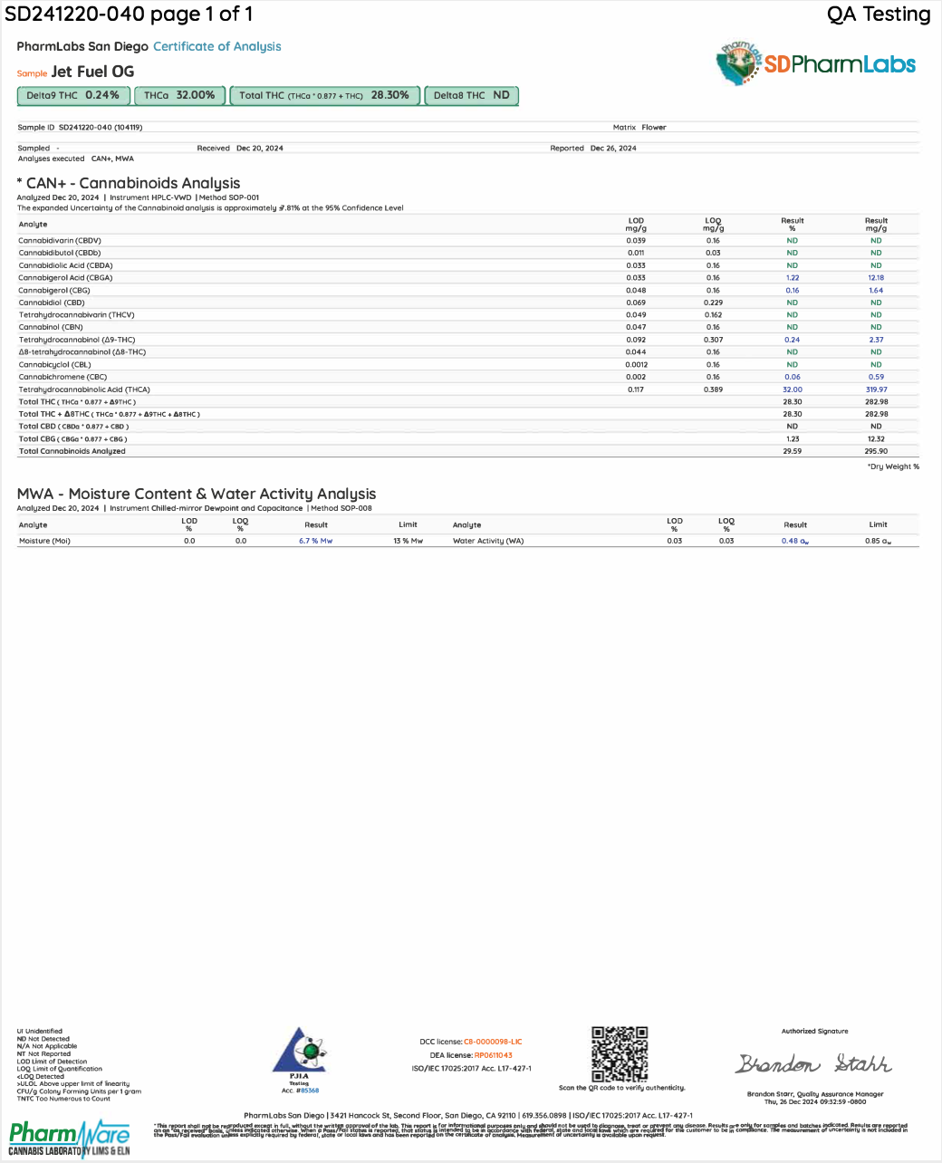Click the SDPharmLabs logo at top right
pos(815,62)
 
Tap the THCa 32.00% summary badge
pos(179,95)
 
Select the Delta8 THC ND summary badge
pos(471,95)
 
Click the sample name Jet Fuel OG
pos(92,72)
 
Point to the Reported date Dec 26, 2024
pos(613,148)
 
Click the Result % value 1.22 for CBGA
pos(793,278)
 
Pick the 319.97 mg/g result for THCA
pos(876,389)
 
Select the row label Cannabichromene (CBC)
pos(62,377)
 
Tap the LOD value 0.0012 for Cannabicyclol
pos(636,364)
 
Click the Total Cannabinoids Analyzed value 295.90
pos(876,451)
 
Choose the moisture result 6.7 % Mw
pos(315,541)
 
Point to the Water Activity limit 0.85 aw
pos(878,541)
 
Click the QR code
pos(620,1053)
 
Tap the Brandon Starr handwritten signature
pos(813,1063)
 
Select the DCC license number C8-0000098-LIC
pos(493,1042)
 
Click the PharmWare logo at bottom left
pos(70,1139)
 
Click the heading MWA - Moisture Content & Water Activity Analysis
pos(197,494)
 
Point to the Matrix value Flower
pos(654,128)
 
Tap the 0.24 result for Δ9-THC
pos(793,340)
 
